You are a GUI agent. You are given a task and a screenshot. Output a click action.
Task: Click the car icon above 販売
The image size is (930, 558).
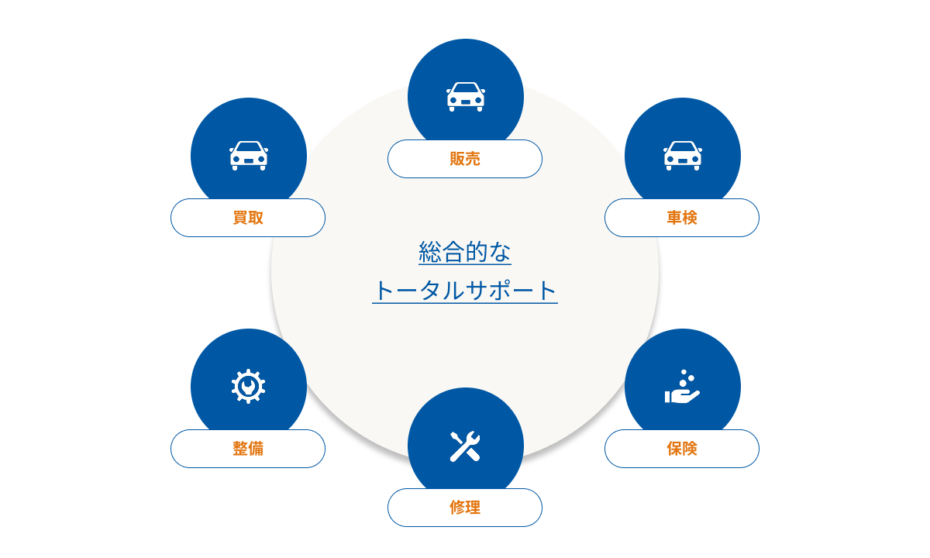coord(465,97)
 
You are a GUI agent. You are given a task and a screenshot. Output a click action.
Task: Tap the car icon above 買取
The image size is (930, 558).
coord(248,155)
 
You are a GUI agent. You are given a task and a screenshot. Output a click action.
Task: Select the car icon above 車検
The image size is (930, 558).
coord(682,155)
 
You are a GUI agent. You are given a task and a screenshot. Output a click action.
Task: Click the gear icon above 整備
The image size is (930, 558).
coord(248,386)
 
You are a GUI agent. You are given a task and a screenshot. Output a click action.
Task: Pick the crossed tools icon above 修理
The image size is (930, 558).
coord(465,446)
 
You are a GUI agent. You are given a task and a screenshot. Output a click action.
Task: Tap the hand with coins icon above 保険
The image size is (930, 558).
coord(682,387)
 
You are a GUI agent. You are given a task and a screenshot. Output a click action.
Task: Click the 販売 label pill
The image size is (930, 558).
coord(465,159)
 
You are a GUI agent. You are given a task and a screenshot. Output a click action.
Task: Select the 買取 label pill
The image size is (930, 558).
coord(248,218)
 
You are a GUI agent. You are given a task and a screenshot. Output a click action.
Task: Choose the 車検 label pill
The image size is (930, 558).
coord(682,218)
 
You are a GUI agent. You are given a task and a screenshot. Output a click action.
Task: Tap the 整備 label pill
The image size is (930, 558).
coord(248,449)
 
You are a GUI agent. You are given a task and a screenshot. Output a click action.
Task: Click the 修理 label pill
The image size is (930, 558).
coord(465,508)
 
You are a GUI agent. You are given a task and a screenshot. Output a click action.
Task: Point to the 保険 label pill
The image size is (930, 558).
coord(682,449)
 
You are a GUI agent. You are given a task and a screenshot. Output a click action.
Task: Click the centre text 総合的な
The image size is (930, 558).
coord(465,253)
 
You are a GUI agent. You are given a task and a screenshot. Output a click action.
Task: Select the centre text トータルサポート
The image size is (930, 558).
coord(465,291)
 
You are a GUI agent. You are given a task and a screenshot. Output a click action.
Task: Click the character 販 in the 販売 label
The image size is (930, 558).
coord(457,159)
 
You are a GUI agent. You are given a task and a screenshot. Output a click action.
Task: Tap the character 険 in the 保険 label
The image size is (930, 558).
coord(690,449)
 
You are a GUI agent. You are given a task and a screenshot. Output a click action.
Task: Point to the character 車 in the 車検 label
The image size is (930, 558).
coord(674,218)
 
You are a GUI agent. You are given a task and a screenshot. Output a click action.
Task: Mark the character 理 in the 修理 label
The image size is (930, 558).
coord(473,508)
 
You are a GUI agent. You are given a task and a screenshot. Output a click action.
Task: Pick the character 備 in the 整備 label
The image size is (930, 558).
coord(256,449)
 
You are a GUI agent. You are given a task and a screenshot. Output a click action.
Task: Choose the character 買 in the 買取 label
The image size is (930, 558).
coord(240,218)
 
